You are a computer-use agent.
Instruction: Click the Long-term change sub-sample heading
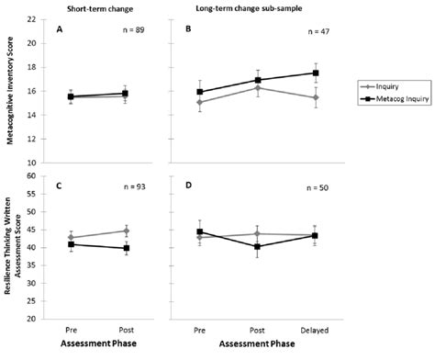click(248, 7)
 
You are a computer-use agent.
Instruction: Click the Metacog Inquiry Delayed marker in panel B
click(316, 73)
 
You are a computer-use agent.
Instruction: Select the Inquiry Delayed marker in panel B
click(316, 97)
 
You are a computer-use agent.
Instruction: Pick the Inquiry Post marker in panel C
click(126, 231)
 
